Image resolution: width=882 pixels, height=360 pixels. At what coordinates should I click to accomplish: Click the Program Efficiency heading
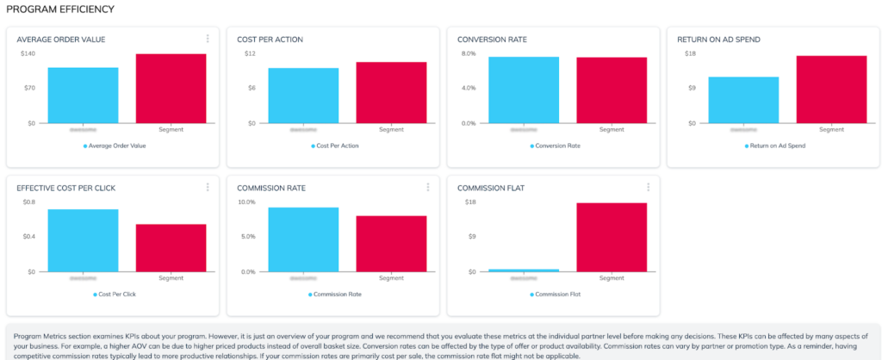pyautogui.click(x=60, y=9)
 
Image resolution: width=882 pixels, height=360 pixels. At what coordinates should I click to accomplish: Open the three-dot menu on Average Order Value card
pyautogui.click(x=208, y=39)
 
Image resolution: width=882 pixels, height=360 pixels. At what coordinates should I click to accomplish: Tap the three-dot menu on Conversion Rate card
pyautogui.click(x=649, y=39)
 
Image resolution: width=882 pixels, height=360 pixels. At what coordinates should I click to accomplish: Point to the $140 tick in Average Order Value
pyautogui.click(x=27, y=53)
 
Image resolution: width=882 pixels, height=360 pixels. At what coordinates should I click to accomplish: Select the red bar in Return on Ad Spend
pyautogui.click(x=831, y=89)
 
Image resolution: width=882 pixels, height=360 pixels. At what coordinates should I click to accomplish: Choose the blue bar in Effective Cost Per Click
pyautogui.click(x=83, y=239)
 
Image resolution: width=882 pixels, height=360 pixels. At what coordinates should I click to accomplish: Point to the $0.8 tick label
pyautogui.click(x=28, y=202)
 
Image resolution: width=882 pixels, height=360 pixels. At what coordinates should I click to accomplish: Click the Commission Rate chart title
pyautogui.click(x=271, y=188)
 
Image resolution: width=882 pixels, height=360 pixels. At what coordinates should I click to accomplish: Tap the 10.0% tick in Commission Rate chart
pyautogui.click(x=245, y=202)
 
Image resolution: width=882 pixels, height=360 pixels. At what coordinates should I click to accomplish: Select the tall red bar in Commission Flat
pyautogui.click(x=611, y=237)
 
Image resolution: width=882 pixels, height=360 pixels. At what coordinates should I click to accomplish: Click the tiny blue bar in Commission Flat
pyautogui.click(x=524, y=270)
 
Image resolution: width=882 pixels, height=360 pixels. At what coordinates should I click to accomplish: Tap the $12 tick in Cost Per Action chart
pyautogui.click(x=249, y=53)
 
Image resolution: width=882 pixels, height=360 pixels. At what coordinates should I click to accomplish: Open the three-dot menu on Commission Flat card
pyautogui.click(x=649, y=188)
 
